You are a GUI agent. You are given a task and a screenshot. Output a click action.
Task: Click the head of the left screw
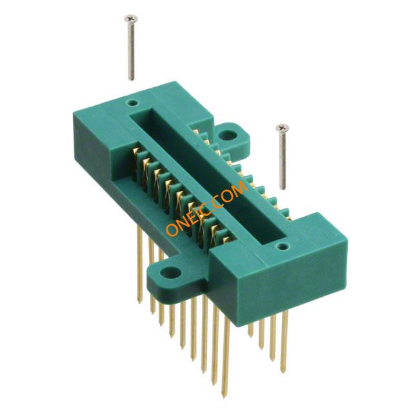coord(130,19)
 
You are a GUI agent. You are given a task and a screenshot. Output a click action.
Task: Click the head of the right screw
coord(282,128)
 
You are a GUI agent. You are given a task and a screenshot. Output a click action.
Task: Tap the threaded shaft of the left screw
coord(131,51)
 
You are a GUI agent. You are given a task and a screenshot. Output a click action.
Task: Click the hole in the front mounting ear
coord(170,272)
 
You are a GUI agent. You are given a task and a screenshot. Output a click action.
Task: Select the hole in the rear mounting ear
coord(228,135)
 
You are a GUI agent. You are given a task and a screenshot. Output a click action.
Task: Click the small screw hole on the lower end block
coord(282,247)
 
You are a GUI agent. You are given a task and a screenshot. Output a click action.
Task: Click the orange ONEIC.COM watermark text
coord(206,208)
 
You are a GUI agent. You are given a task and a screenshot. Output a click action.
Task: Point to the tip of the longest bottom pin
coord(224,397)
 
